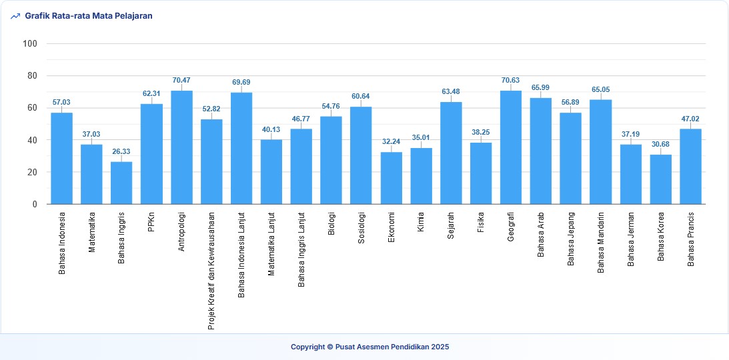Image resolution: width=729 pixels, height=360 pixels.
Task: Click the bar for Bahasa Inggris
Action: click(121, 183)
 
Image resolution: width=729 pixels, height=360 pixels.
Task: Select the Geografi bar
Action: click(511, 147)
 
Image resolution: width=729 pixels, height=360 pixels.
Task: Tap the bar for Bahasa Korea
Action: click(660, 179)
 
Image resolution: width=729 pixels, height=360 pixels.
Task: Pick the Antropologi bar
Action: click(181, 147)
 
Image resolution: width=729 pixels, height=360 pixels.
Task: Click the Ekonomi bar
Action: click(392, 178)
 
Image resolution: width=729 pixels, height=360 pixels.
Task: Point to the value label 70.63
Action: click(511, 81)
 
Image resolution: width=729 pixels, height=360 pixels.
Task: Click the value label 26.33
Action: click(121, 152)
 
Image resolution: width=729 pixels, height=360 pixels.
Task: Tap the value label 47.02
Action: click(690, 119)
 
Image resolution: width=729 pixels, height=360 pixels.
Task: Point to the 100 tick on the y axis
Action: click(30, 44)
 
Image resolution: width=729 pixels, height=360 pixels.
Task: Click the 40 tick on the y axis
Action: click(32, 141)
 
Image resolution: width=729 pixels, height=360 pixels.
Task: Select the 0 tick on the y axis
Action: click(35, 205)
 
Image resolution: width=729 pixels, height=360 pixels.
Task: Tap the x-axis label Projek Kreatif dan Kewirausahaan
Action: click(211, 271)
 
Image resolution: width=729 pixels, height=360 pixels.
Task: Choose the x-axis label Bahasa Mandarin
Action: click(601, 243)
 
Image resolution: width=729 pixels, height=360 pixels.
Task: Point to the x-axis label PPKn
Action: click(151, 223)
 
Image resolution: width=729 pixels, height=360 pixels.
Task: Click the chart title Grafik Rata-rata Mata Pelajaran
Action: click(89, 16)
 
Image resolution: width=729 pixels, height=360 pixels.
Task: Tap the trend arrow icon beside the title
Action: click(15, 16)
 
